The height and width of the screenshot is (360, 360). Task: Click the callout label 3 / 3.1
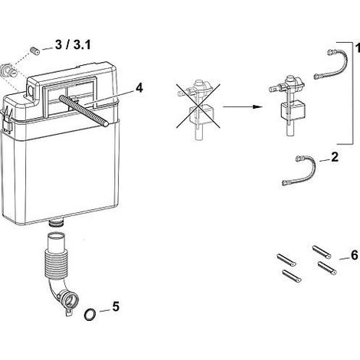click(x=73, y=45)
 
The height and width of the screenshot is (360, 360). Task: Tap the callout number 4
click(x=139, y=88)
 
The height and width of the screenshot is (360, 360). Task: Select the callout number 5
click(x=116, y=306)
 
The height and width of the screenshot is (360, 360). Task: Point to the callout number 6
click(x=355, y=255)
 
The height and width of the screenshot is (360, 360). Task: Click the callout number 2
click(x=335, y=157)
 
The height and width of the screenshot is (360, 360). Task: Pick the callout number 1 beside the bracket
click(x=358, y=47)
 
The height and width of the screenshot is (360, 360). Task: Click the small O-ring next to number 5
click(x=90, y=314)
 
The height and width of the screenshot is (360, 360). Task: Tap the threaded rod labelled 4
click(x=83, y=110)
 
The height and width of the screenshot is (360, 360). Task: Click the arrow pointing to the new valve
click(x=242, y=106)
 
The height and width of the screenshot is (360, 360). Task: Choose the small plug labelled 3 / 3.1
click(x=35, y=50)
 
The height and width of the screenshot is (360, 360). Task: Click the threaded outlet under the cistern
click(x=56, y=222)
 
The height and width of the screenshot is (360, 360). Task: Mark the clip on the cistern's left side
click(x=7, y=119)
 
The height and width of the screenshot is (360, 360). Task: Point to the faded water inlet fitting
click(x=9, y=70)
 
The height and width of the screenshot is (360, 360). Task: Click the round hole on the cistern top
click(x=31, y=90)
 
